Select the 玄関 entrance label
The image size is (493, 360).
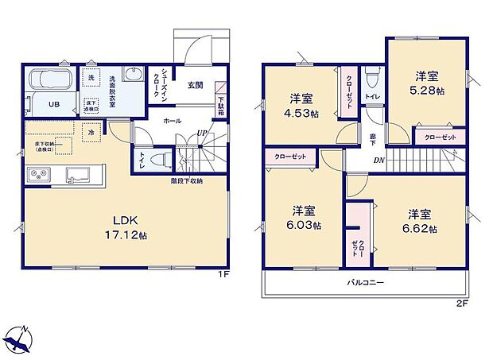[196, 85]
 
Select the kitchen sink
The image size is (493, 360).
[80, 174]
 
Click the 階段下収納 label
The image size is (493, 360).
[186, 181]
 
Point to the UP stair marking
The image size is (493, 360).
[203, 133]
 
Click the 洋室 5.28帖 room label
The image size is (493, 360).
[425, 83]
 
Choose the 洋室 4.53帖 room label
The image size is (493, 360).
[303, 106]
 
